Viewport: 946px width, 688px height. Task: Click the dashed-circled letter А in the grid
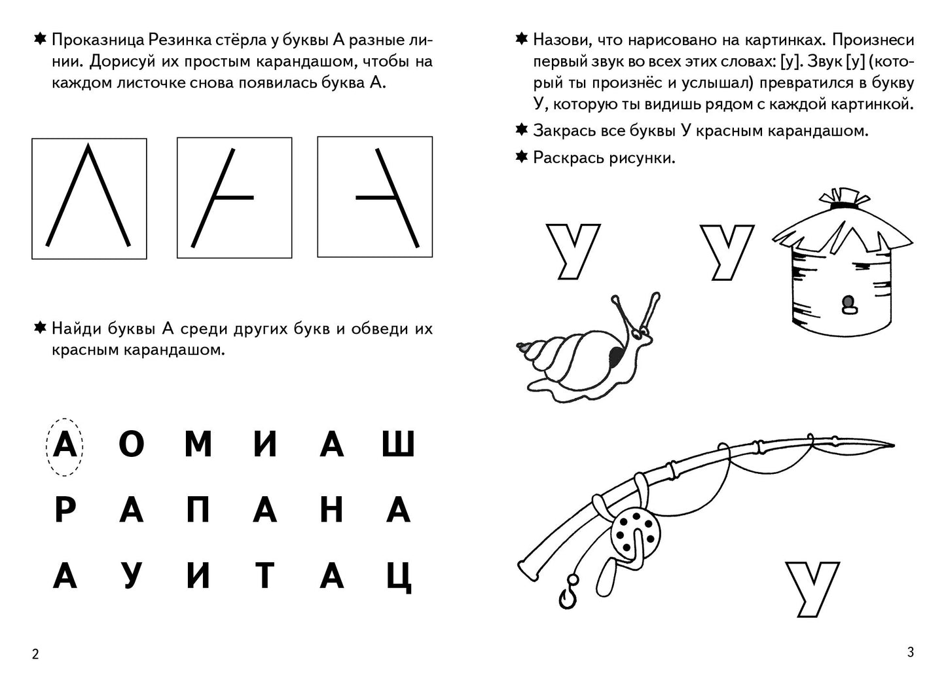(64, 446)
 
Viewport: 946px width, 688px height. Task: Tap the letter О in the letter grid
(131, 446)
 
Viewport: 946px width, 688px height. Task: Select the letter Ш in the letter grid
(398, 444)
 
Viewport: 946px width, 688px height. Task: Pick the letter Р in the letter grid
(64, 510)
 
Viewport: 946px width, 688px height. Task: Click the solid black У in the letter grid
(131, 575)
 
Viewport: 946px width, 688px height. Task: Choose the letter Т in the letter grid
(264, 575)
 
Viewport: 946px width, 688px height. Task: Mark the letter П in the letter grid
(198, 510)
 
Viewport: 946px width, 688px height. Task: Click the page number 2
(35, 654)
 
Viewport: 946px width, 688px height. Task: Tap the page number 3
(910, 652)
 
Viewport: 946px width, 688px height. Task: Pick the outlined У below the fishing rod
(812, 587)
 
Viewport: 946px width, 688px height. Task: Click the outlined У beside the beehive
(727, 251)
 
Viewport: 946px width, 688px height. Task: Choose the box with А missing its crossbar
(89, 198)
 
